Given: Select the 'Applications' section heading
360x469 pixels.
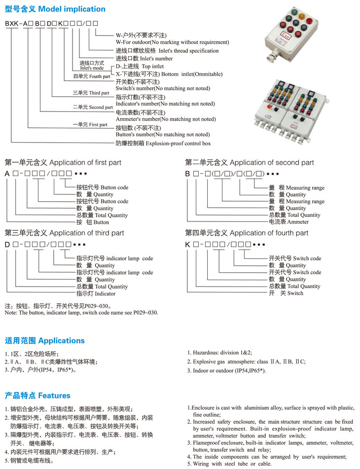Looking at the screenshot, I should [x=44, y=341].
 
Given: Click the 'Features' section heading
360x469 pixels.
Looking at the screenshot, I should [x=37, y=396].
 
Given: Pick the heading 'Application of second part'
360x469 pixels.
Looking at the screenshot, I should [x=250, y=163].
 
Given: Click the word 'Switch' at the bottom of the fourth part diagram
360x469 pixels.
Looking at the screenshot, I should [x=295, y=293].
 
